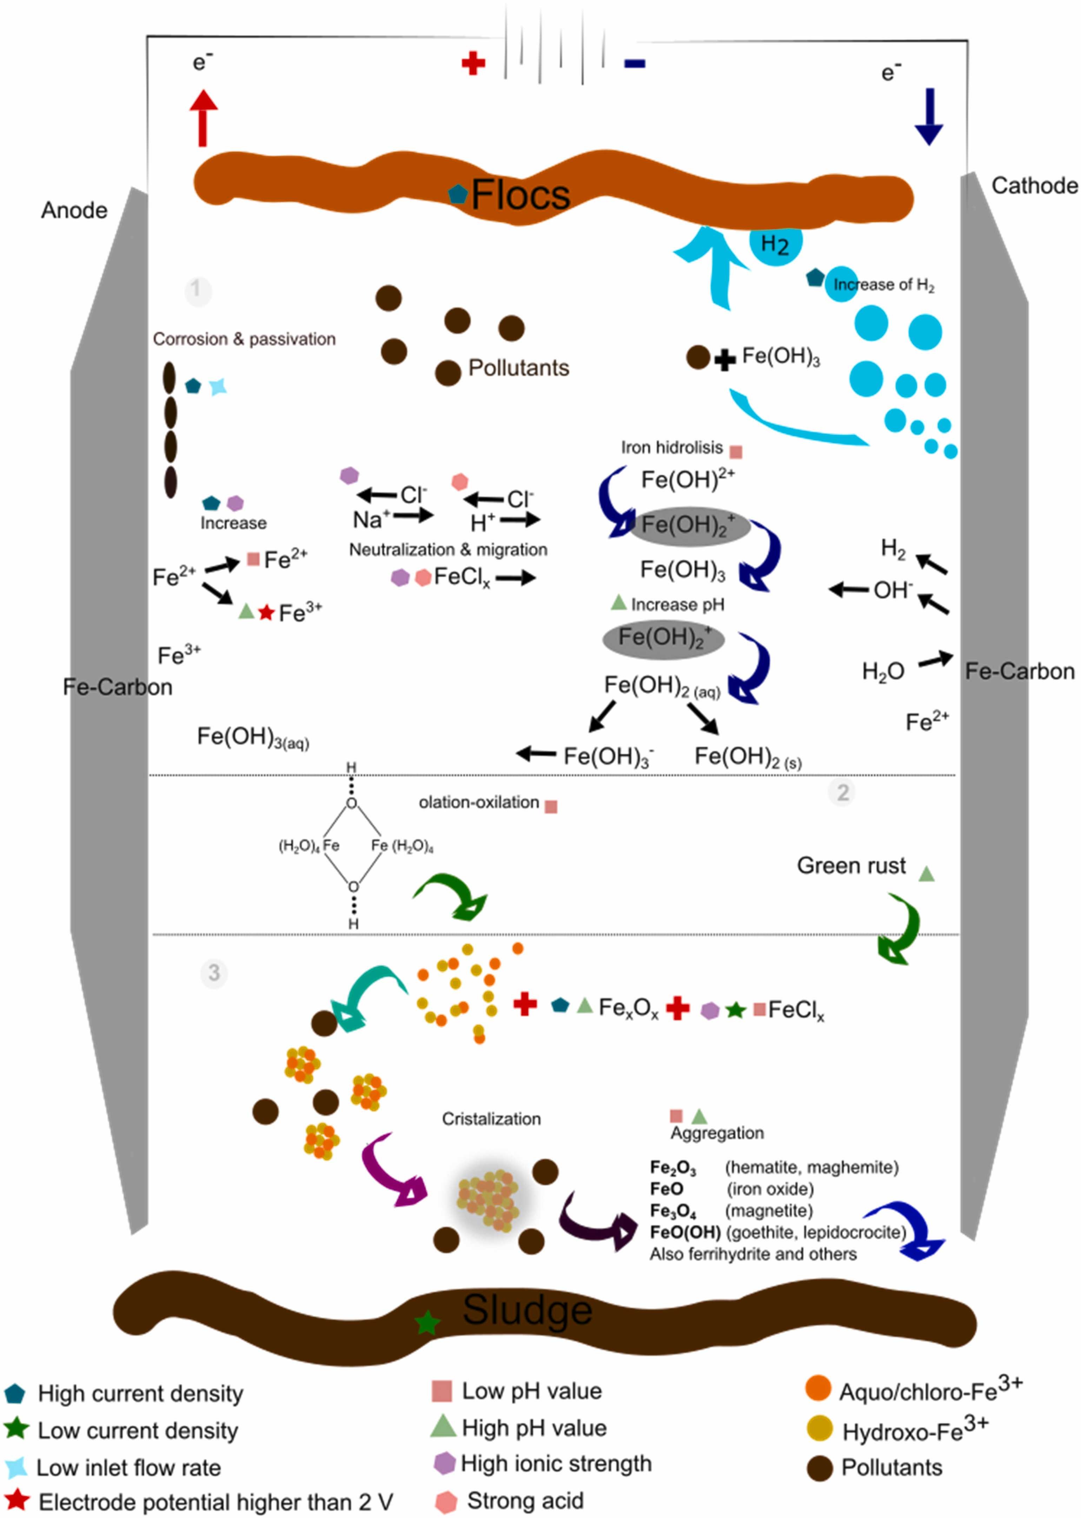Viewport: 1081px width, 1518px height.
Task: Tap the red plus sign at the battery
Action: tap(473, 64)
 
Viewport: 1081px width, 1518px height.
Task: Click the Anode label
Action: tap(74, 210)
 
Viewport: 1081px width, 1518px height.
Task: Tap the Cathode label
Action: tap(1034, 186)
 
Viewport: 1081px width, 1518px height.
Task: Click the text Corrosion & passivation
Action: tap(244, 339)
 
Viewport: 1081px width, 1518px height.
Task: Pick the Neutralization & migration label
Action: tap(448, 549)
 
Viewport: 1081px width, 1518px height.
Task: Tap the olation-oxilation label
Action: tap(479, 802)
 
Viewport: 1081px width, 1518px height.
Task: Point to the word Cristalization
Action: tap(491, 1118)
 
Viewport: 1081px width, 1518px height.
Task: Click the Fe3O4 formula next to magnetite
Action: tap(673, 1210)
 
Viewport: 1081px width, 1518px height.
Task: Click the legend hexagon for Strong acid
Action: tap(445, 1501)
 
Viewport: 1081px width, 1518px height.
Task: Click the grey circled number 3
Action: tap(214, 973)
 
